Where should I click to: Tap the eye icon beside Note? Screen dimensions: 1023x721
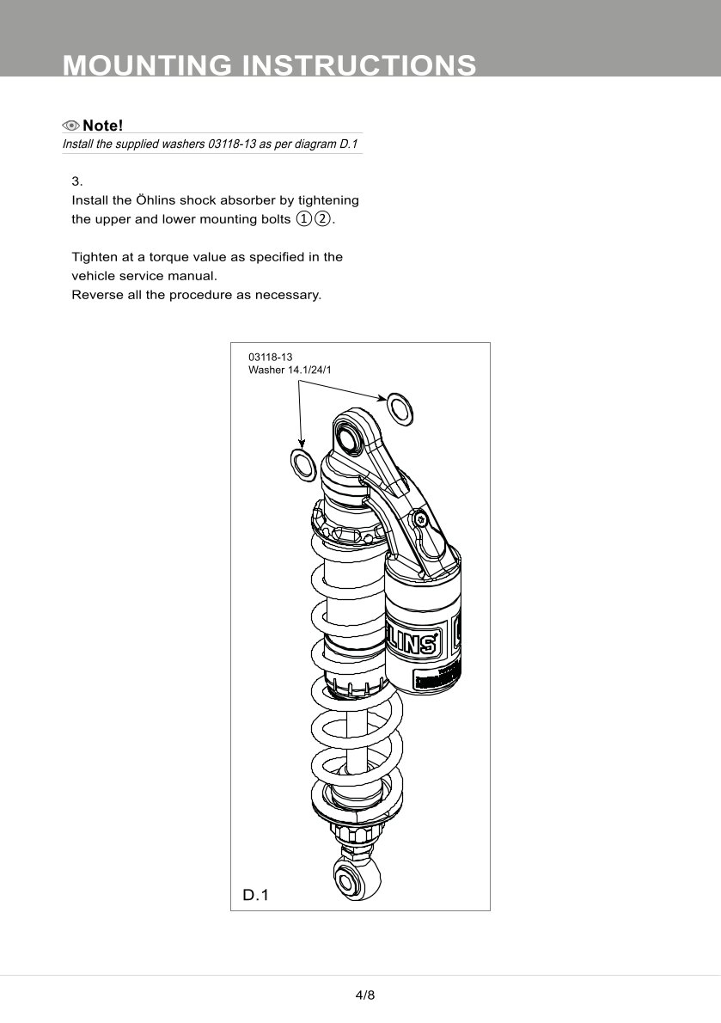pyautogui.click(x=70, y=126)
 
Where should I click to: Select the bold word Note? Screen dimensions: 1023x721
pyautogui.click(x=103, y=126)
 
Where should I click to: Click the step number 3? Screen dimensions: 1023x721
pyautogui.click(x=76, y=181)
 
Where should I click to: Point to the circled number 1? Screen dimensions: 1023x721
pyautogui.click(x=303, y=219)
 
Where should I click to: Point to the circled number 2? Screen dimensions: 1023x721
pyautogui.click(x=322, y=219)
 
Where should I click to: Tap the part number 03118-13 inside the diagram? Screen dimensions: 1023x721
pyautogui.click(x=270, y=357)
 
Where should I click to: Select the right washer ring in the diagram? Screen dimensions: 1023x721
pyautogui.click(x=400, y=407)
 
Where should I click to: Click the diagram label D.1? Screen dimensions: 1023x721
pyautogui.click(x=256, y=895)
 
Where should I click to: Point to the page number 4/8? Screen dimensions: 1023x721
pyautogui.click(x=365, y=995)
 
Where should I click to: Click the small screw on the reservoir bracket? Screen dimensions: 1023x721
pyautogui.click(x=420, y=518)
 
